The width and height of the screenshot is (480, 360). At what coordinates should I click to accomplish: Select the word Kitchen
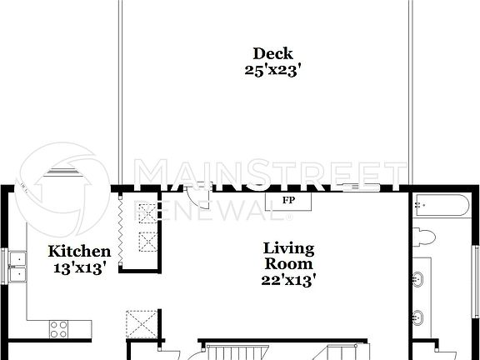tap(79, 252)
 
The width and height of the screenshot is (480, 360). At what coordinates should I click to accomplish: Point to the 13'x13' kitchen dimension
tap(79, 268)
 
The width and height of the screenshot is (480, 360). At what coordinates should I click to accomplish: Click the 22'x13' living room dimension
tap(289, 282)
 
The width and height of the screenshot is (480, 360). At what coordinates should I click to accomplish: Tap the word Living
tap(289, 248)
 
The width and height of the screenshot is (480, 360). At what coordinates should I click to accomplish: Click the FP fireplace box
tap(288, 202)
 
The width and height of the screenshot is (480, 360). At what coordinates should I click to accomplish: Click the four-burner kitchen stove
tap(60, 328)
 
